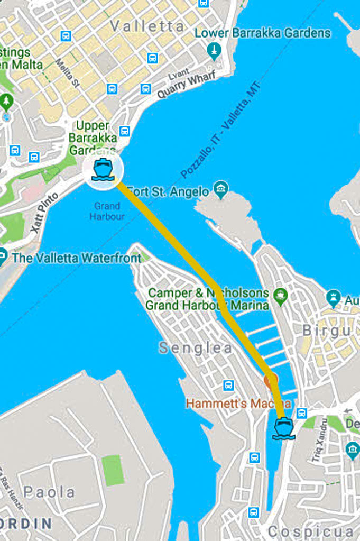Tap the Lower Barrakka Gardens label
[x=263, y=33]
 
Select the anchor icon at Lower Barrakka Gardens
[x=214, y=51]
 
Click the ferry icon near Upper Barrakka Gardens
[x=103, y=170]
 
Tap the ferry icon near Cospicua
[x=283, y=428]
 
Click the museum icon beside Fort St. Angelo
[x=220, y=188]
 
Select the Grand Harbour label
[x=107, y=212]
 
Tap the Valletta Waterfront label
[x=77, y=258]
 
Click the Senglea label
[x=196, y=348]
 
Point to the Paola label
[x=49, y=492]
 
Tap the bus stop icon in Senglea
[x=228, y=386]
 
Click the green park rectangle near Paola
[x=113, y=469]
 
